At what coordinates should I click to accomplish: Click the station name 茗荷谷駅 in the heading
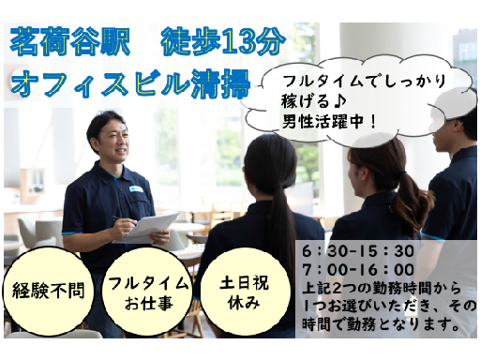point(70,41)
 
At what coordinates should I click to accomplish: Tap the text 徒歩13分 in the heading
point(223,41)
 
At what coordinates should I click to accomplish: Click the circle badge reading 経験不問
point(48,291)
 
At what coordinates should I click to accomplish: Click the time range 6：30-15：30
point(358,251)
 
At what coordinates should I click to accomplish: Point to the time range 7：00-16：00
point(358,269)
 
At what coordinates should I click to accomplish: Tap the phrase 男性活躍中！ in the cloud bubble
point(328,121)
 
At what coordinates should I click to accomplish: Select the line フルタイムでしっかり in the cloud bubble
point(364,82)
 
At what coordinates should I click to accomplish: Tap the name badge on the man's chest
point(136,188)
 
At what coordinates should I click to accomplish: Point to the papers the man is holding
point(147,228)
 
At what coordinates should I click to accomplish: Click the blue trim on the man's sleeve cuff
point(72,233)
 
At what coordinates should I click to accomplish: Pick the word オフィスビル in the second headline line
point(100,83)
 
